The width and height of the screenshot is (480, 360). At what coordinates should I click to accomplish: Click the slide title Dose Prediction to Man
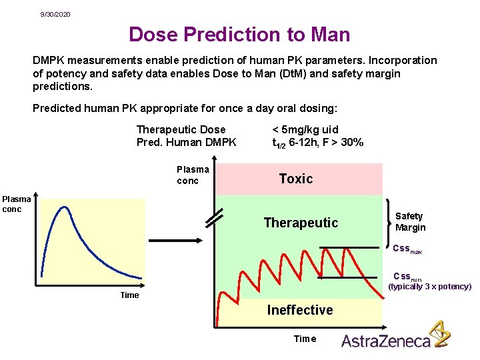point(239,34)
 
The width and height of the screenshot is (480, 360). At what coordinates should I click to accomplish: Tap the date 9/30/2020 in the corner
point(55,14)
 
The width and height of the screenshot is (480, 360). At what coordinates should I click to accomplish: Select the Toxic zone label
point(295,179)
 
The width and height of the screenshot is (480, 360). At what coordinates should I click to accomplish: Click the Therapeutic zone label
point(301,223)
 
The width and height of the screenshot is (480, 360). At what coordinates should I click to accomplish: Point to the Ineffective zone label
point(300,310)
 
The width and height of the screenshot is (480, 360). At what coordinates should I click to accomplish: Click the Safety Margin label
point(410,221)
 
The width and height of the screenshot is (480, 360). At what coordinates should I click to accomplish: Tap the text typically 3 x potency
point(429,287)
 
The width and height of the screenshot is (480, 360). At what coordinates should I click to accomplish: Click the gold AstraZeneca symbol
point(439,334)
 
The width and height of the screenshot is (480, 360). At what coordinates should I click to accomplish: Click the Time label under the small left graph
point(129,295)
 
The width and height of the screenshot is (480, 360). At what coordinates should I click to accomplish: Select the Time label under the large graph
point(305,339)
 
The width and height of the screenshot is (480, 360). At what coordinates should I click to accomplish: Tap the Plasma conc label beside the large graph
point(193,175)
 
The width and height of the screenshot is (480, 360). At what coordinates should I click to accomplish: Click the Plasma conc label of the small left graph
point(17,204)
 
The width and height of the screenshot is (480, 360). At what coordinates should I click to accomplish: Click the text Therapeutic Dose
point(181,129)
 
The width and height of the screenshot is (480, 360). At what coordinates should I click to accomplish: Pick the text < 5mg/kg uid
point(305,129)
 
